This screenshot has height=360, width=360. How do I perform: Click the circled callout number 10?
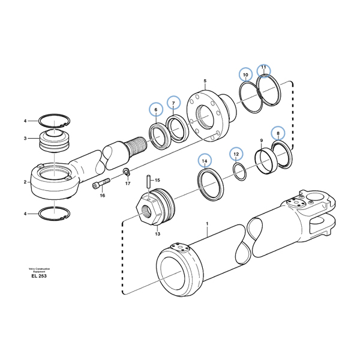click(245, 75)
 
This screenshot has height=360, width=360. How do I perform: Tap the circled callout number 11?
click(264, 70)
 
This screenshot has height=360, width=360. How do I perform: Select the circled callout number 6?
click(156, 110)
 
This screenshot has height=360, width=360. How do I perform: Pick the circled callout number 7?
click(173, 104)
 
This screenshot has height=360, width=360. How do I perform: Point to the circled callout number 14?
click(205, 161)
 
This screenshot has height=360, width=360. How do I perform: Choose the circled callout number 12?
click(235, 155)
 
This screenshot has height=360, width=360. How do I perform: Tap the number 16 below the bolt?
click(102, 196)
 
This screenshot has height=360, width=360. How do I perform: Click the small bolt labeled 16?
click(101, 184)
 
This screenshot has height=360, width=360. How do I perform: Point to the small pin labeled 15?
click(147, 179)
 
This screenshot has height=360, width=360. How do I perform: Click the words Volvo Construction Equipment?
click(38, 269)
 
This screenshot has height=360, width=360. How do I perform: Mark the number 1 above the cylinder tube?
click(207, 224)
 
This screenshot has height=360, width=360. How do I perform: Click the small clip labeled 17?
click(127, 173)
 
